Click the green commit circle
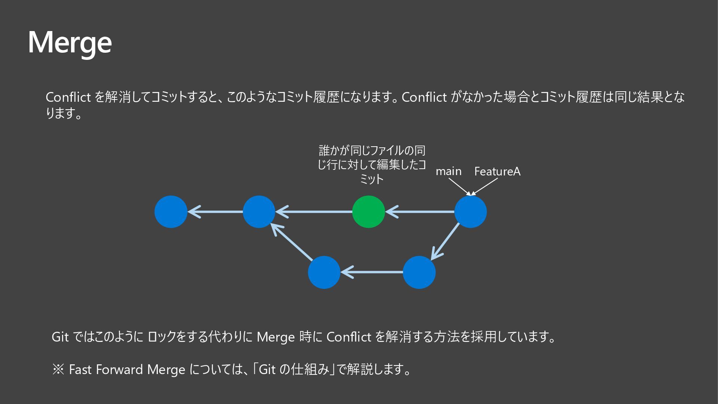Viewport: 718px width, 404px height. click(368, 212)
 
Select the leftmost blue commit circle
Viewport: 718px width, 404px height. click(171, 212)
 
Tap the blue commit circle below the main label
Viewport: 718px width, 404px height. click(470, 212)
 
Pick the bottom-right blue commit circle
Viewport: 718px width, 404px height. click(419, 272)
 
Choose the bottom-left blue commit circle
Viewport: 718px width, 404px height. click(324, 272)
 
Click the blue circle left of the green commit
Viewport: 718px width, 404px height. click(259, 212)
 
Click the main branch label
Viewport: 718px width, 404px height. click(448, 171)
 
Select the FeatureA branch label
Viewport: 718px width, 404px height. click(497, 171)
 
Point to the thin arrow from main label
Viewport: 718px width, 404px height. click(459, 186)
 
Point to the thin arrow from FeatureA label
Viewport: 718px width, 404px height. click(485, 186)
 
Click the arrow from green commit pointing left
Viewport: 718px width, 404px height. click(314, 212)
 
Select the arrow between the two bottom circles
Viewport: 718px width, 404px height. click(372, 272)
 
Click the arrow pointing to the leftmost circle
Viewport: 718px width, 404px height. click(215, 212)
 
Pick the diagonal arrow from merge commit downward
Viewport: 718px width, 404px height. click(445, 242)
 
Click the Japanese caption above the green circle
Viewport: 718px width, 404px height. click(372, 165)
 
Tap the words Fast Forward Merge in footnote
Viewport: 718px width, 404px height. click(127, 370)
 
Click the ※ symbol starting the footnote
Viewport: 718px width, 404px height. click(58, 370)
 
